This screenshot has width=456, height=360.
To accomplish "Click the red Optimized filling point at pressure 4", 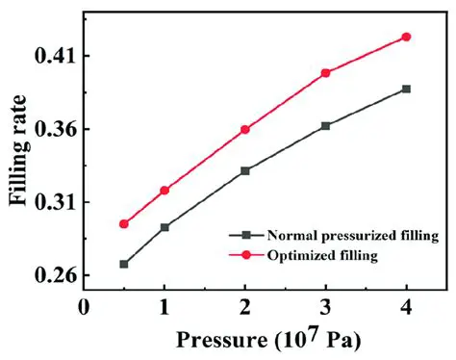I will click(x=406, y=37).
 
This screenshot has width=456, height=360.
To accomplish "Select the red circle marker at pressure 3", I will click(x=325, y=73).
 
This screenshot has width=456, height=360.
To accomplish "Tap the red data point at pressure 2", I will click(x=245, y=129).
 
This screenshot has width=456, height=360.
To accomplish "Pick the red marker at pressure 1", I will click(x=165, y=191).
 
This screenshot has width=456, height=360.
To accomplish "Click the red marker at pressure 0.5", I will click(x=124, y=224).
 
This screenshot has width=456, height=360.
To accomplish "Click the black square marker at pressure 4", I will click(x=406, y=89).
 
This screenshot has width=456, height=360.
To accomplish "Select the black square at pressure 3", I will click(x=325, y=126).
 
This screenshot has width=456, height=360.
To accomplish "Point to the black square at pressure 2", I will click(x=245, y=170).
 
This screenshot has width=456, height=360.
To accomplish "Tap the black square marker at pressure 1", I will click(x=165, y=227).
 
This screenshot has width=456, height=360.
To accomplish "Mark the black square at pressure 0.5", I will click(x=124, y=264).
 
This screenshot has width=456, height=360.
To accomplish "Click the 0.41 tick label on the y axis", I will click(x=56, y=57).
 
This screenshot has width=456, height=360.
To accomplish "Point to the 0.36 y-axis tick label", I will click(x=56, y=130).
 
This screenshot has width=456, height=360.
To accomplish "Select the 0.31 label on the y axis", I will click(x=56, y=203).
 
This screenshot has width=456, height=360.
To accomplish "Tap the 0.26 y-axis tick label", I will click(x=56, y=276).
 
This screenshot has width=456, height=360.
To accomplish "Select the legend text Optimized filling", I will click(x=322, y=255).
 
